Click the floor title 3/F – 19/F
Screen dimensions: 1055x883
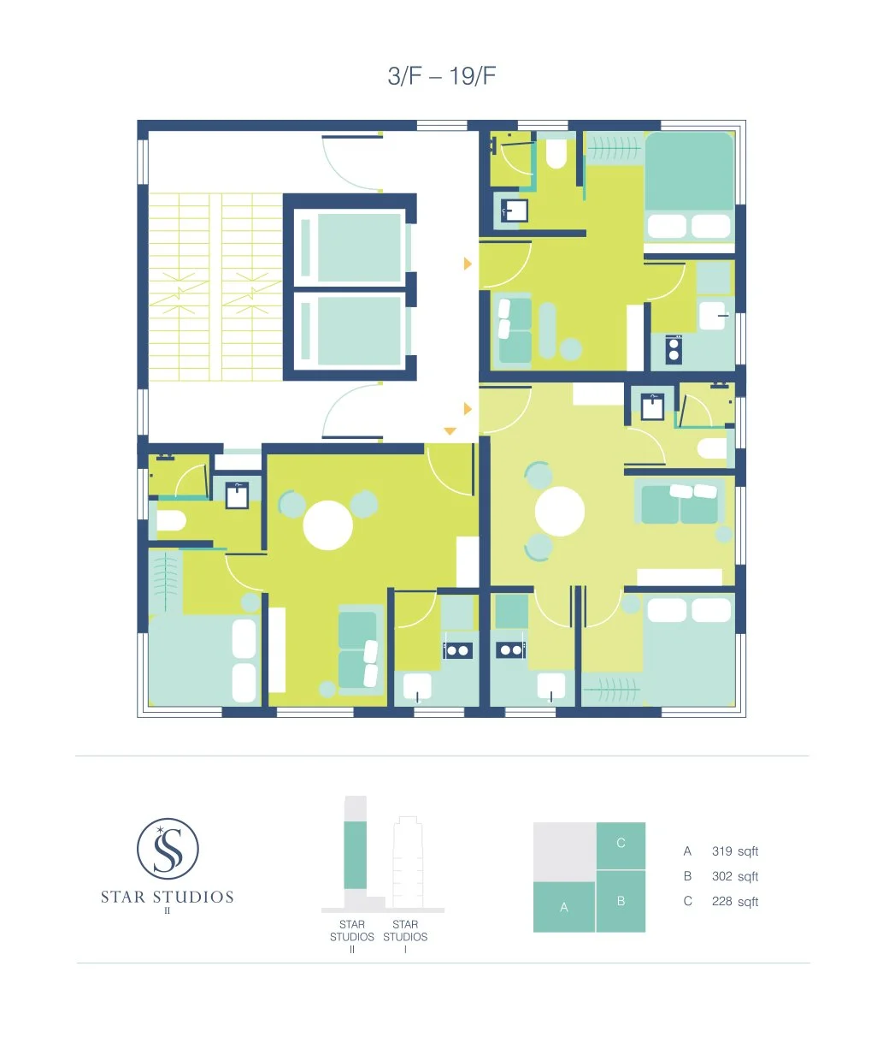click(441, 76)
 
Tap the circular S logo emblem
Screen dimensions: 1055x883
click(168, 850)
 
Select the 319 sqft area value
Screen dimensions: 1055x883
click(734, 851)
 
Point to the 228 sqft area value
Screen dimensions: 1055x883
click(734, 902)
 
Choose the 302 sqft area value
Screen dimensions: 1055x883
click(734, 876)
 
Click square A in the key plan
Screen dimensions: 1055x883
click(564, 907)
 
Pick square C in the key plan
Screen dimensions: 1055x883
click(621, 845)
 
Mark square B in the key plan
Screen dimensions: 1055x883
click(621, 901)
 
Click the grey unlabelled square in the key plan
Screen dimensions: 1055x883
click(564, 851)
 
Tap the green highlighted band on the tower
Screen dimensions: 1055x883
click(355, 855)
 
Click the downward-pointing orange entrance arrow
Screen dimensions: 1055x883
click(450, 432)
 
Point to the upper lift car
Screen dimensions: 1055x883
click(359, 247)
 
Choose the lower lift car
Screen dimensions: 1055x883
click(359, 331)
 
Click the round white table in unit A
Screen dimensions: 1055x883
click(328, 525)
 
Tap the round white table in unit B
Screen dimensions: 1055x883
click(560, 512)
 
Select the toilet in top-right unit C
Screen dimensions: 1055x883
click(556, 154)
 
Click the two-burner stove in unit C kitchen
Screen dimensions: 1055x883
click(674, 350)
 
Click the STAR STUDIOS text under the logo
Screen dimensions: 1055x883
click(168, 897)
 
